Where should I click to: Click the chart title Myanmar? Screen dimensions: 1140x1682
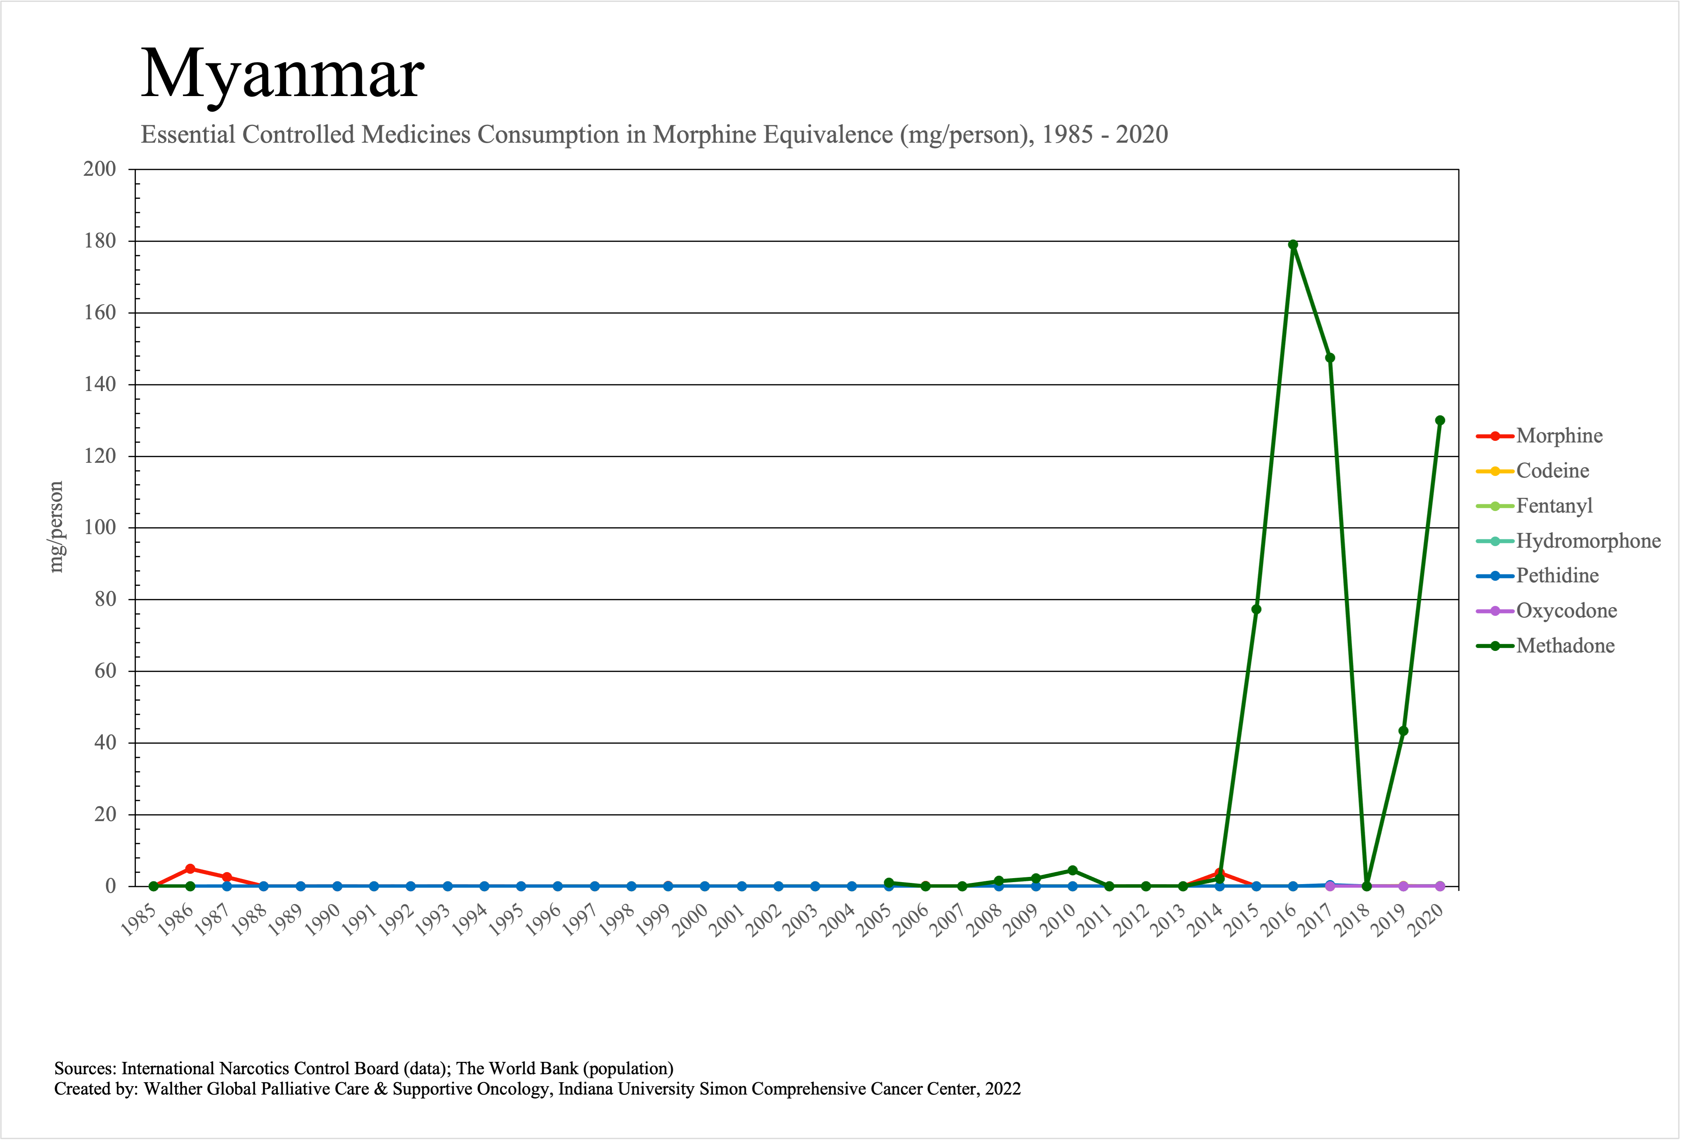pos(282,74)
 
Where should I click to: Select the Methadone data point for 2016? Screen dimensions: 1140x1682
pos(1293,245)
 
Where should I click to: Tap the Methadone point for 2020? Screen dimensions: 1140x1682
pos(1440,421)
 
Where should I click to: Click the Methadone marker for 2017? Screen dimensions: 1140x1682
pos(1329,358)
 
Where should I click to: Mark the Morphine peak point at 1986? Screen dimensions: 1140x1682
pos(190,869)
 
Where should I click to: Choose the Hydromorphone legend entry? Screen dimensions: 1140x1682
pos(1588,541)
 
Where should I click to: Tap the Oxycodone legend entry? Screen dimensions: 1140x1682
pos(1566,611)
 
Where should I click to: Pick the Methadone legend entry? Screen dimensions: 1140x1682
pos(1565,646)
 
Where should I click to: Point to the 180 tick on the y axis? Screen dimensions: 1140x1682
pos(100,241)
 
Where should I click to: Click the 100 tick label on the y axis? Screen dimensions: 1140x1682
pos(100,528)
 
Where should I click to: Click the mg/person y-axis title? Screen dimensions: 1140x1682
pos(56,527)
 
